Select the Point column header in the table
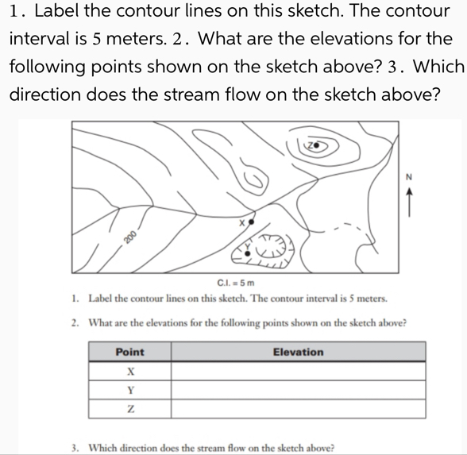pos(129,352)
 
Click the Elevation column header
pos(298,352)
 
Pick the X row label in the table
pos(129,371)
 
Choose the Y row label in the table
pos(129,390)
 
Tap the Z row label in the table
pos(129,409)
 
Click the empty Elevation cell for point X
pos(298,371)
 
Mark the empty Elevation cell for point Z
pos(298,409)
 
